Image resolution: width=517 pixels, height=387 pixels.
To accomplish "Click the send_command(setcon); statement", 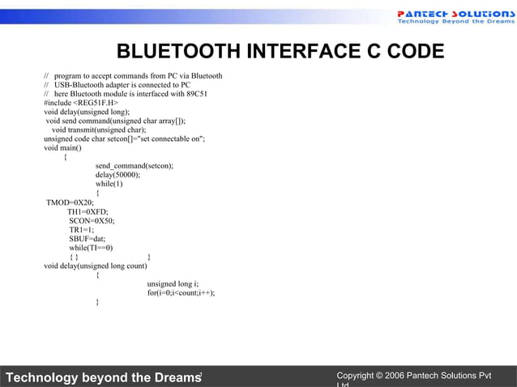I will (x=134, y=165).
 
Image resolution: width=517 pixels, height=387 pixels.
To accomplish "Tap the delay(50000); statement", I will (x=117, y=174).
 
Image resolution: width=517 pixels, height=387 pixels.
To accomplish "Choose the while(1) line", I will (x=109, y=183).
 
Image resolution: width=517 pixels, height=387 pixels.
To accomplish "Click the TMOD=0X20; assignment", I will (x=70, y=202).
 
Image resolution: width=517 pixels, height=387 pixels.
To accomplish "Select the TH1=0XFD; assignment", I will (x=88, y=211).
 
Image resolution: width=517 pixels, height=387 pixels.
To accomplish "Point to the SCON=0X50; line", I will (x=92, y=220).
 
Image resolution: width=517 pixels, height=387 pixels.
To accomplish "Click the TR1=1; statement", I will (x=81, y=230).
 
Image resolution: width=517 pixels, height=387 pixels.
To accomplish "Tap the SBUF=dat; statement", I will (x=88, y=239).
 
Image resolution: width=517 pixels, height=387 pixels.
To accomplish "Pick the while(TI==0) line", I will (x=91, y=248).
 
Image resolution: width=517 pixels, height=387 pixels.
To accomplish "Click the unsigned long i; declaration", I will (x=173, y=284).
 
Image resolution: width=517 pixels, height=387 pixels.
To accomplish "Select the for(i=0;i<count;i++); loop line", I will (x=181, y=293).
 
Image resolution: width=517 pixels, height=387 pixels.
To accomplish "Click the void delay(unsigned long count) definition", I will (x=96, y=266).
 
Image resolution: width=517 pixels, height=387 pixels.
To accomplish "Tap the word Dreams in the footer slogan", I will (x=172, y=378).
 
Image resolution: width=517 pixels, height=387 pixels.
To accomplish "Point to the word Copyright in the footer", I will (x=361, y=376).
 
